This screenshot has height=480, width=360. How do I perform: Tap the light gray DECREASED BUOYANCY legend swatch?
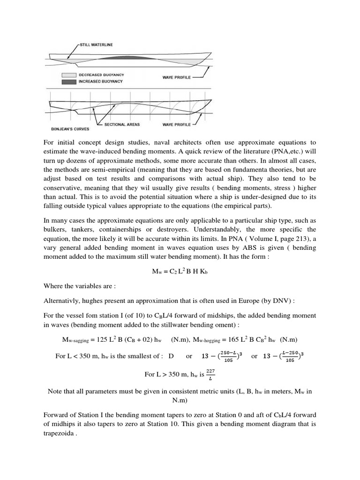tap(68, 75)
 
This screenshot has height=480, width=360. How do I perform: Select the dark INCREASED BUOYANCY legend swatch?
tap(68, 82)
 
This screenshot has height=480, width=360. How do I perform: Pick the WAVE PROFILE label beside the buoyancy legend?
tap(177, 77)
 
